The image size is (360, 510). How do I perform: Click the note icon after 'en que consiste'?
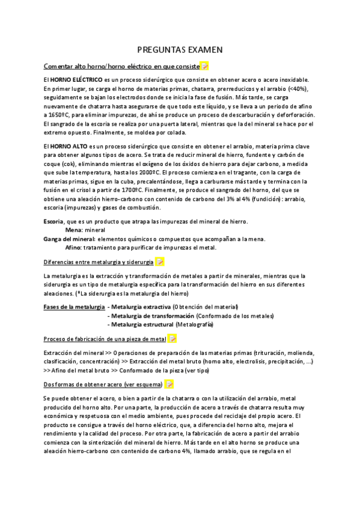tap(204, 66)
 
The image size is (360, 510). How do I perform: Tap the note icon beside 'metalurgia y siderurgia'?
tap(160, 262)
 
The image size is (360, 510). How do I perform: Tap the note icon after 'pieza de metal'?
tap(172, 339)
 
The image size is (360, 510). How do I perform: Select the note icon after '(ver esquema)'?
tap(169, 384)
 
